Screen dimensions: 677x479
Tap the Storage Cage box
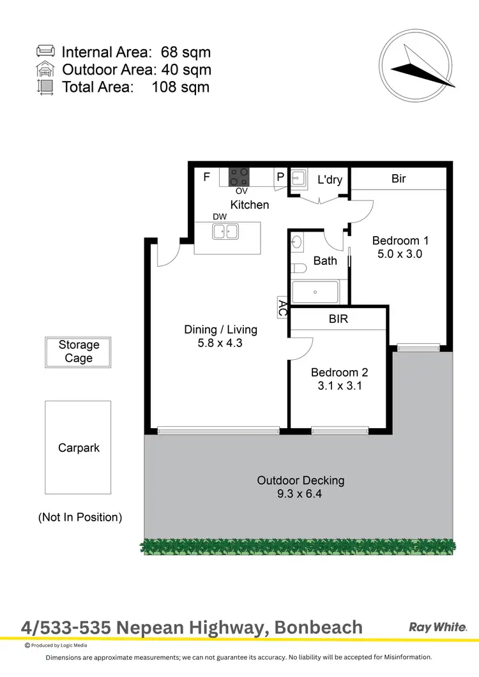tap(79, 352)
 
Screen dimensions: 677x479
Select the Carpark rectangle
tap(78, 447)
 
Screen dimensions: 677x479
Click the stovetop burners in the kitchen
tap(240, 175)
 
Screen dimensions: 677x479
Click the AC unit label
tap(282, 308)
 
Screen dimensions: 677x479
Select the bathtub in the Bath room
tap(316, 292)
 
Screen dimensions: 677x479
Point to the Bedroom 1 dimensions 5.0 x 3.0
tap(400, 253)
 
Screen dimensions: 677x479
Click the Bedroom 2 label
tap(339, 373)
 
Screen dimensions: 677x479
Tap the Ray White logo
tap(438, 627)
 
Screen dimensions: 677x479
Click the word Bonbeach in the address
tap(318, 628)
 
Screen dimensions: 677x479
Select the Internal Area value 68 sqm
tap(181, 52)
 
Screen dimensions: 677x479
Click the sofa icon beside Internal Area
tap(46, 52)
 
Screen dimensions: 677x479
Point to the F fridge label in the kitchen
tap(206, 177)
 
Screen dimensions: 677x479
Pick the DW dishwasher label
tap(220, 217)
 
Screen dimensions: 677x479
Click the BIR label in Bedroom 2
tap(338, 318)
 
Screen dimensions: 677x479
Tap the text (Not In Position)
tap(80, 517)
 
